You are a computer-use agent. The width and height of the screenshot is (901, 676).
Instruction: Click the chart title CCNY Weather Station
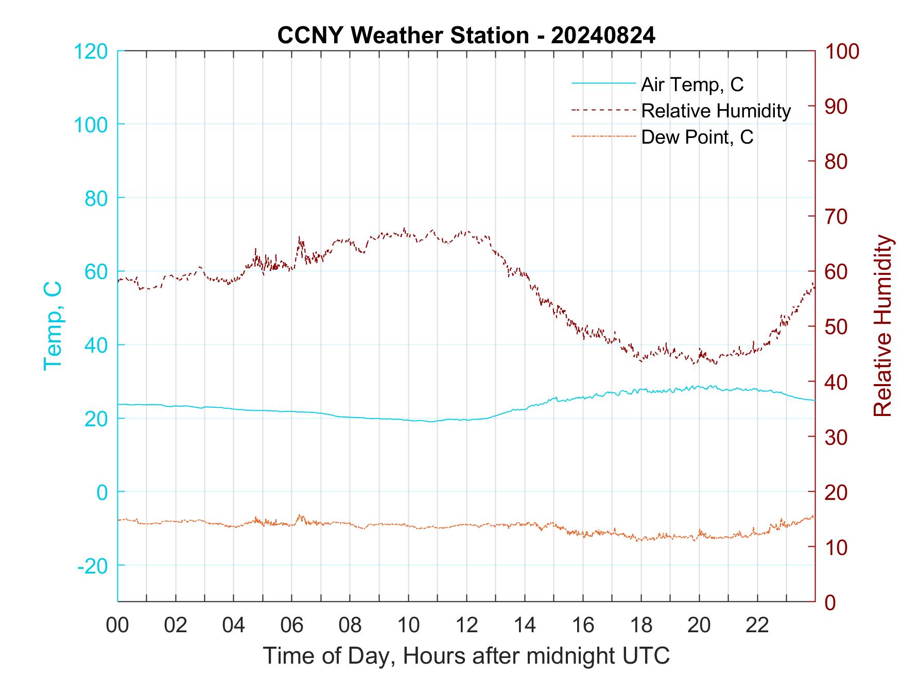466,36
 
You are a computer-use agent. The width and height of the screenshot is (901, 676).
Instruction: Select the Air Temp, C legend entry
692,84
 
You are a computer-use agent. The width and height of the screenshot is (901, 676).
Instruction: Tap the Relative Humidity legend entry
716,111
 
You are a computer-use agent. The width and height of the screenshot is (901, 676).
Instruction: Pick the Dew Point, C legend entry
697,137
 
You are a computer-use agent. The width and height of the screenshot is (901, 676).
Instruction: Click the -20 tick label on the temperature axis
93,566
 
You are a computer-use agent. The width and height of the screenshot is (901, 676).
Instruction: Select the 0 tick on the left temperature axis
102,492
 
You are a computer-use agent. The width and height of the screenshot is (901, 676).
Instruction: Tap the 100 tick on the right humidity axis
842,51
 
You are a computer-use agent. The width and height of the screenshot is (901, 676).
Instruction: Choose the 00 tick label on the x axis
117,626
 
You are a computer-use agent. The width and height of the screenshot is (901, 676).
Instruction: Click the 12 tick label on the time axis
466,626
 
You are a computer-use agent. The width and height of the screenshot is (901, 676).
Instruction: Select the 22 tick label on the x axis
757,626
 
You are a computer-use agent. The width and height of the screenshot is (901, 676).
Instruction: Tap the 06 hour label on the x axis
292,626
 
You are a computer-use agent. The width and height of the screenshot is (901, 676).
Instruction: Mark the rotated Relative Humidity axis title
882,326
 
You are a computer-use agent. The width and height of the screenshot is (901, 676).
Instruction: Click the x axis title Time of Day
466,656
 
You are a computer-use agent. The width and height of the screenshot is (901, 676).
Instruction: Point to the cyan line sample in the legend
604,83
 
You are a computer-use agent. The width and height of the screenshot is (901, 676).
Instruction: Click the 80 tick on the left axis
96,198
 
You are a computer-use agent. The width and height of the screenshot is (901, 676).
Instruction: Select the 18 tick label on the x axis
641,626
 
